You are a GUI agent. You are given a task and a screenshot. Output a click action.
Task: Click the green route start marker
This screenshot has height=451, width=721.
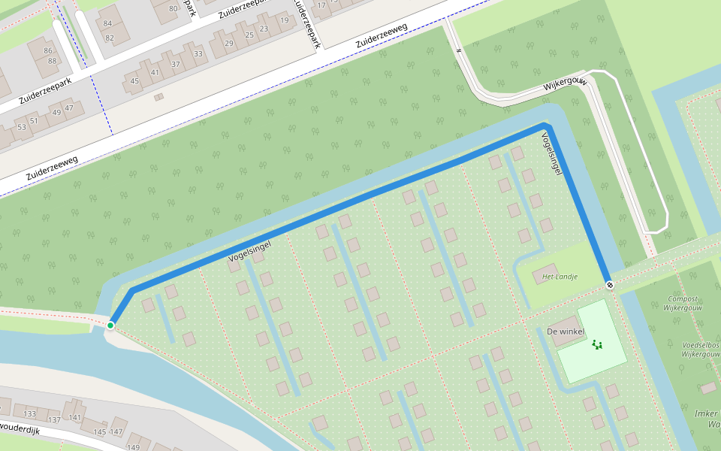pos(110,325)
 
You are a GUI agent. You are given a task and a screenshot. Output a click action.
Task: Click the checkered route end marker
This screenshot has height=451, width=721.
pos(610,285)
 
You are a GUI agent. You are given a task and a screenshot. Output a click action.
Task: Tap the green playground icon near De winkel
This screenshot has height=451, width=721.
pos(597,345)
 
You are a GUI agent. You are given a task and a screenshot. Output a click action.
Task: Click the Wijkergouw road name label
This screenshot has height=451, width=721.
pos(564,86)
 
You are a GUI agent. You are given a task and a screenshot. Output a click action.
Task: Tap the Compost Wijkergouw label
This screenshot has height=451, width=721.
pos(683,304)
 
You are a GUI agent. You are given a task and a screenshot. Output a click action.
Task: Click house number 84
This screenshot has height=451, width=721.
pos(108,23)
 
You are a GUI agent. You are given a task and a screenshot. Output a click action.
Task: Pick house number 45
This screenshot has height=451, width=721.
pos(135,80)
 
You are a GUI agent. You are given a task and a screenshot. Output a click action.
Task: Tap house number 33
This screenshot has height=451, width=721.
pos(198,53)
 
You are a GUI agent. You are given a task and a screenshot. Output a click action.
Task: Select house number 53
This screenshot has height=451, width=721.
pos(22,127)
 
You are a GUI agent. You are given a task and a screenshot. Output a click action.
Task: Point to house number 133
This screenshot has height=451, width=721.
pos(30,414)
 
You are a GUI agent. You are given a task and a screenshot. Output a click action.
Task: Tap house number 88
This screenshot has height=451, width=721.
pos(53,61)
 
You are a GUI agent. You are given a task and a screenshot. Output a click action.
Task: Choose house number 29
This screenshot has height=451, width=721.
pos(228,44)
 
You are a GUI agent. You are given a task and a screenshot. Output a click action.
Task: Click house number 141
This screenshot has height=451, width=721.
pos(75,417)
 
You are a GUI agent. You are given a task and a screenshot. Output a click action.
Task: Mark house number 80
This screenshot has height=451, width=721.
pos(173,9)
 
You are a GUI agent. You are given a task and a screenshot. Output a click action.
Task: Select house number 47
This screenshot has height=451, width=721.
pos(69,107)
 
